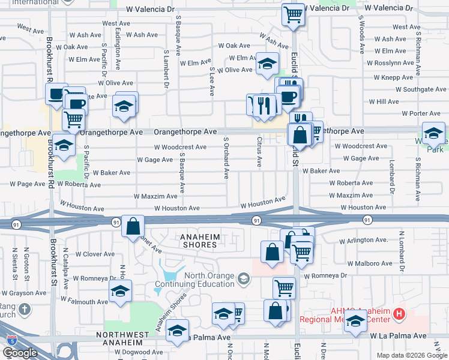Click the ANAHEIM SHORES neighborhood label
coord(199,241)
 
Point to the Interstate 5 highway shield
coord(11,340)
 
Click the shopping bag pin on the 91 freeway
coord(133,226)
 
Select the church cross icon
coord(23,309)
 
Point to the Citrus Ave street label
coord(259,151)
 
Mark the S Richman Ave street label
coord(417,175)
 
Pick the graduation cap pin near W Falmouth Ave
coord(120,292)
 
